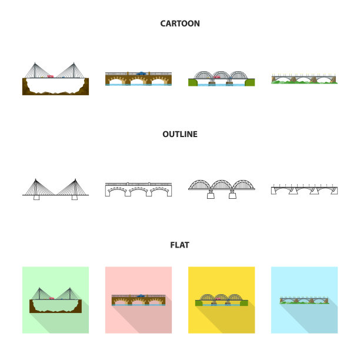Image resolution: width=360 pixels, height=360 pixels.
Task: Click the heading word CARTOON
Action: click(180, 24)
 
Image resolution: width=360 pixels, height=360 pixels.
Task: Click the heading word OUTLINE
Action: click(180, 134)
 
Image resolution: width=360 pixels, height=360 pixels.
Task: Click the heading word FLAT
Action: click(180, 245)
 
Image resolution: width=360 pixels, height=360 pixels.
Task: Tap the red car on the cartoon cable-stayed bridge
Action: click(51, 76)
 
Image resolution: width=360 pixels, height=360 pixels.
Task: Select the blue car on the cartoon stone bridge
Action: click(141, 74)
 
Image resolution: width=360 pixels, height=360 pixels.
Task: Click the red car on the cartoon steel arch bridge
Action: click(216, 77)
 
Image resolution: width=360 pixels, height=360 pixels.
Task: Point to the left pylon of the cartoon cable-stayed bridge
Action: click(36, 69)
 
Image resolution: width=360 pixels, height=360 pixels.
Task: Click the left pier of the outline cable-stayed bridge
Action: click(36, 198)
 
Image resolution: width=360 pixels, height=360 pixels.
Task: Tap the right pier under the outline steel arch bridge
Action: click(235, 196)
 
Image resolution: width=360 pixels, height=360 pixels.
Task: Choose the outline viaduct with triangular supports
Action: click(304, 189)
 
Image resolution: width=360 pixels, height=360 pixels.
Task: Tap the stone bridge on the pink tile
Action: click(138, 299)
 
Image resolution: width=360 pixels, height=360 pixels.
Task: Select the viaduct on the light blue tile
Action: click(304, 300)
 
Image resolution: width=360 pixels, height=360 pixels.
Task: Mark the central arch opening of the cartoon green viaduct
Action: click(304, 79)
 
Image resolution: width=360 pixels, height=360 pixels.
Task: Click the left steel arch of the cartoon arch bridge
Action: click(203, 75)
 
